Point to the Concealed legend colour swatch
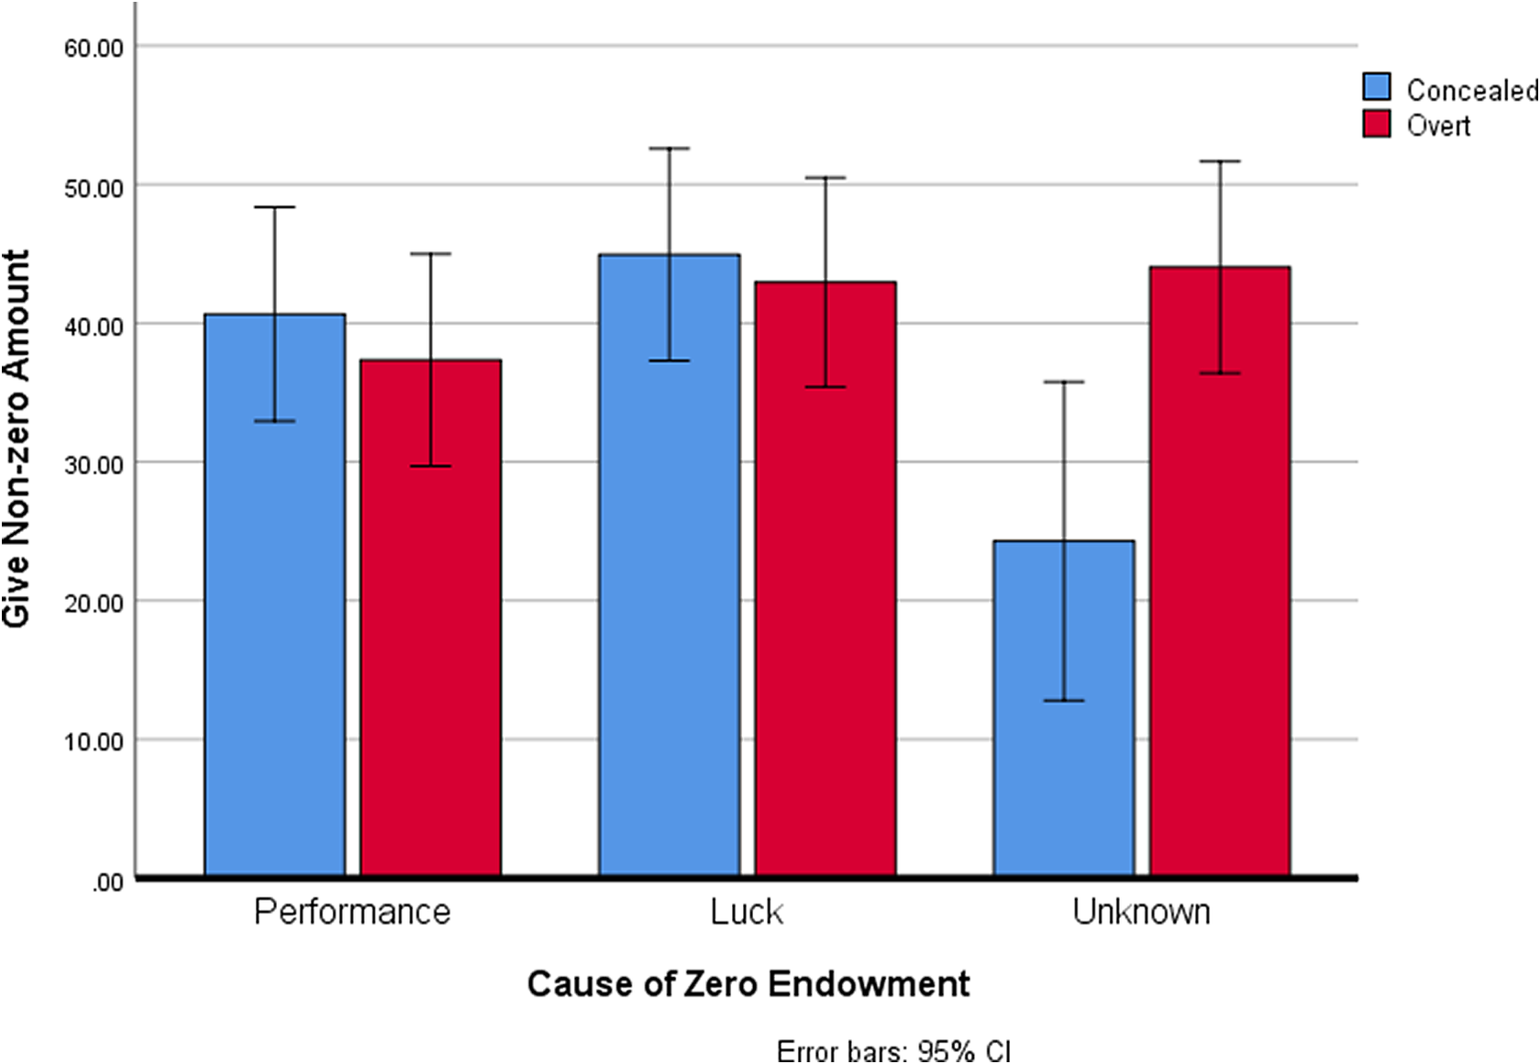(1376, 87)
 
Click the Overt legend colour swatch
(1376, 124)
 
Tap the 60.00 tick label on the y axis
(94, 48)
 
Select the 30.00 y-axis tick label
(94, 464)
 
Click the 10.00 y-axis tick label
(94, 741)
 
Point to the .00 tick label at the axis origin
(107, 882)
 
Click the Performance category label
(352, 912)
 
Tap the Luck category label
(747, 912)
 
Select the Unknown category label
(1141, 912)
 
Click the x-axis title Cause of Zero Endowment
(748, 983)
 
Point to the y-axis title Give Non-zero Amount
(17, 438)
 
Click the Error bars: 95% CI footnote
(892, 1050)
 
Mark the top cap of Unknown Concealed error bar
(1064, 382)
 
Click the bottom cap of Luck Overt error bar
(825, 387)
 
